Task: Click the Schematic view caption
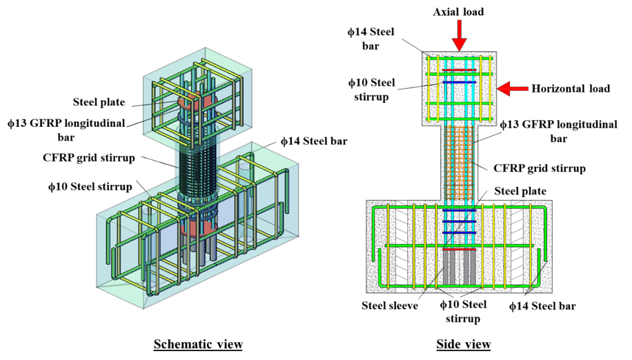[x=197, y=344]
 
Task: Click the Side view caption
[x=463, y=344]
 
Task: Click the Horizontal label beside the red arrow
[x=557, y=88]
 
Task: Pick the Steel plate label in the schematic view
[x=99, y=102]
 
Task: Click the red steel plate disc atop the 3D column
[x=188, y=101]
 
